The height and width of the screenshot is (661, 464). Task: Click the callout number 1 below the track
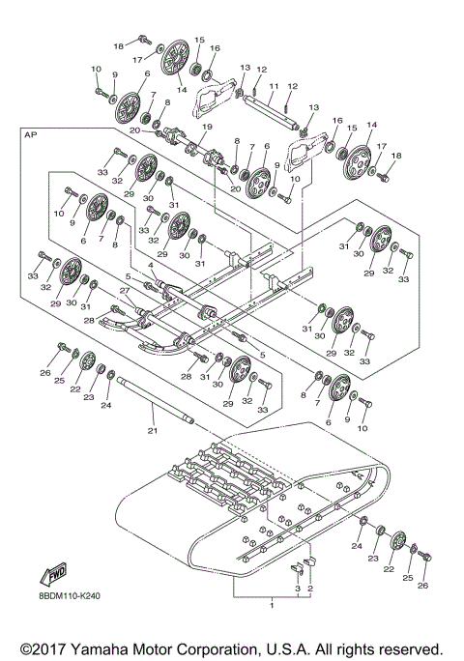[x=273, y=604]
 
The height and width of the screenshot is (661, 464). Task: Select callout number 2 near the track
[x=310, y=588]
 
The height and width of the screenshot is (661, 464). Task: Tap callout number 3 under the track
[x=298, y=588]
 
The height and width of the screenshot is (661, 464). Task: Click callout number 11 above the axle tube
[x=272, y=85]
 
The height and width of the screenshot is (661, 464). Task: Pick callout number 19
[x=205, y=128]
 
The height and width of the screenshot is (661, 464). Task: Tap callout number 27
[x=124, y=289]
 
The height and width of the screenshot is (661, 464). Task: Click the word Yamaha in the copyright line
[x=112, y=646]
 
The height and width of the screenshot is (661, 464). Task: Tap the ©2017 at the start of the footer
[x=46, y=646]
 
